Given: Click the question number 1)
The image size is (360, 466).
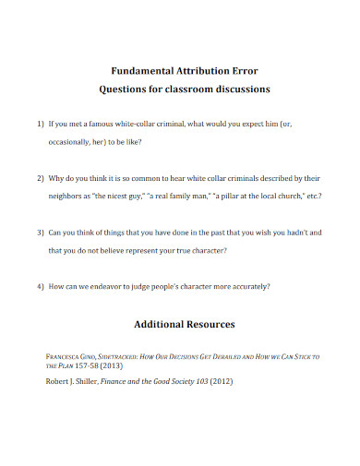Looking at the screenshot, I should (x=41, y=123).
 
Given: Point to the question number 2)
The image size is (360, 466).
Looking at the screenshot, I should (x=41, y=176).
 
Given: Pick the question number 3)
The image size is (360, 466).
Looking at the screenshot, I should (x=41, y=232).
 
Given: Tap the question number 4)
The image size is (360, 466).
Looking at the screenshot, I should (x=41, y=285).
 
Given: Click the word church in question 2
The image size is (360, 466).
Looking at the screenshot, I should (x=291, y=197).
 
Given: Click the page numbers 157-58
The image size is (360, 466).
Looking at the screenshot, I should (x=77, y=365).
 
